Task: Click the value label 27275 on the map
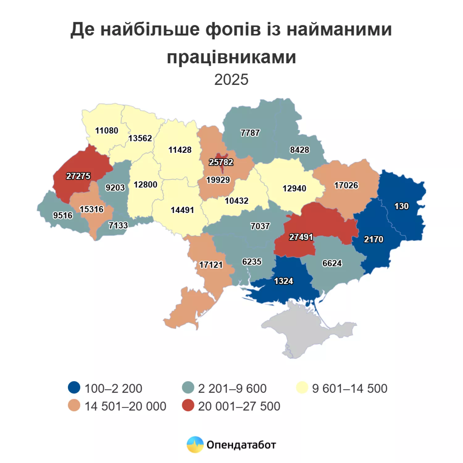click(78, 176)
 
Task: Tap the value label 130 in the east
click(402, 206)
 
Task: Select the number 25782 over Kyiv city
click(221, 162)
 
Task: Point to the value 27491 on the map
click(301, 237)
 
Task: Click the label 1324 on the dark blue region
click(284, 281)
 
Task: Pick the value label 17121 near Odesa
click(211, 265)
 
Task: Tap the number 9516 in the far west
click(63, 215)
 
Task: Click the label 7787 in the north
click(250, 133)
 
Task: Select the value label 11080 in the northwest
click(106, 131)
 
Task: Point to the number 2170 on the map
click(373, 239)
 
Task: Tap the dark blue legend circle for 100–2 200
click(74, 387)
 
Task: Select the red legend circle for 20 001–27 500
click(188, 405)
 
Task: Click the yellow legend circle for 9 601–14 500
click(302, 387)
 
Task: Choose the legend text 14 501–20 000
click(125, 406)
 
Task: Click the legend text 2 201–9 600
click(232, 388)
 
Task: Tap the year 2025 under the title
click(231, 80)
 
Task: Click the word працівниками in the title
click(231, 57)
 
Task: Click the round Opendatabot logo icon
click(195, 444)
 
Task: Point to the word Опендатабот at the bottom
click(241, 445)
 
